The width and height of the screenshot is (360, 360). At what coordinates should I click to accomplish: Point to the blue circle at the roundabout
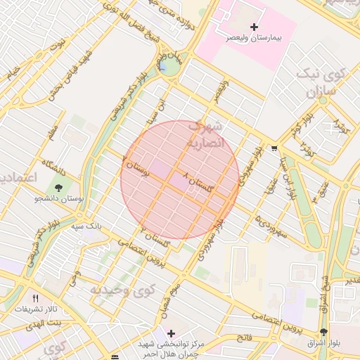click(x=168, y=66)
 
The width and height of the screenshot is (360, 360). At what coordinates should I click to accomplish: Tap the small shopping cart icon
click(x=273, y=148)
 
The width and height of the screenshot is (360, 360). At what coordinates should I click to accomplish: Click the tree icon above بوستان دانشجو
click(x=58, y=188)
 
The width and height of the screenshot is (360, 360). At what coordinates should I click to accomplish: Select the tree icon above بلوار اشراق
click(x=323, y=332)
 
